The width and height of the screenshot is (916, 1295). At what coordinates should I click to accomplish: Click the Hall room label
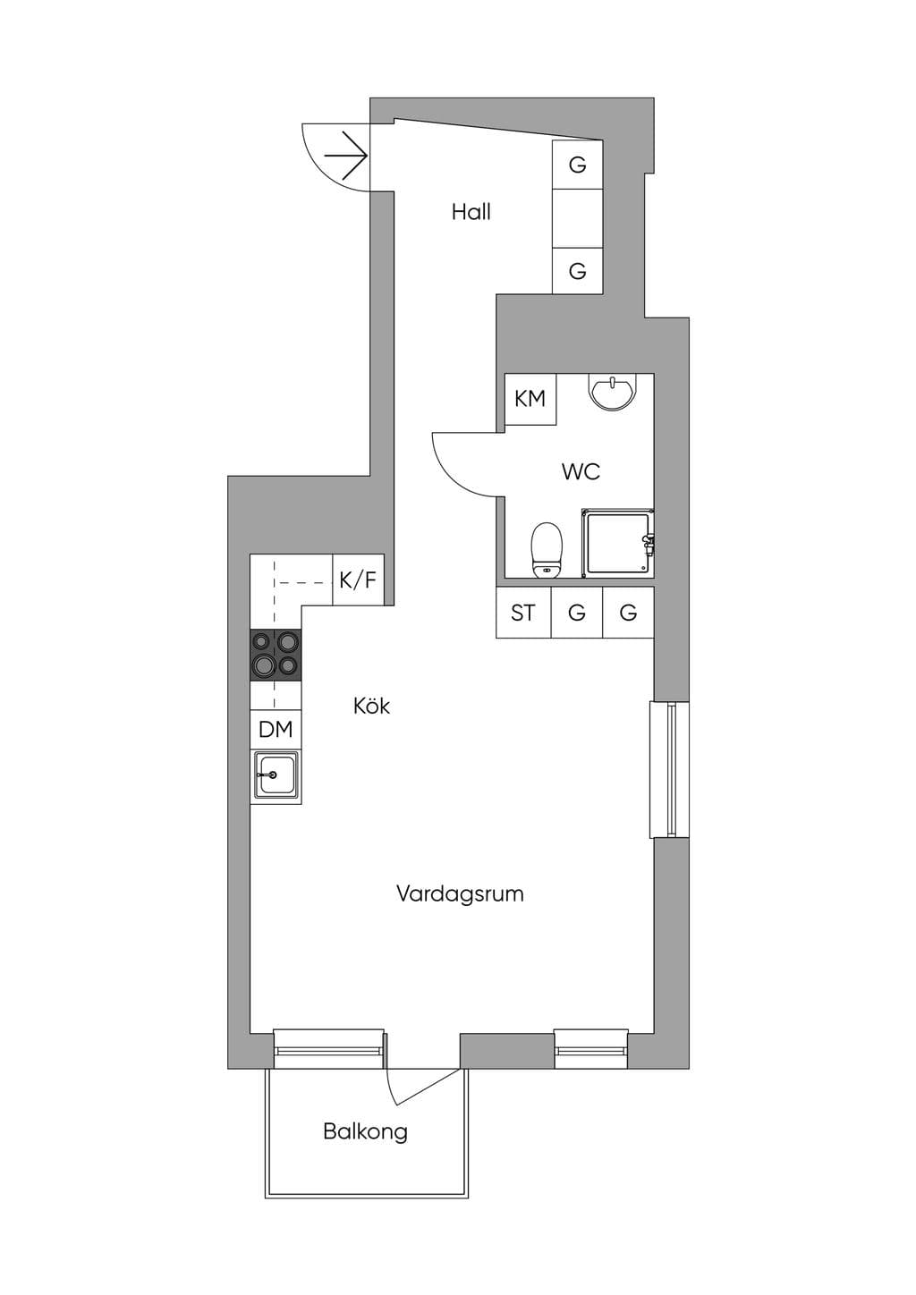click(471, 212)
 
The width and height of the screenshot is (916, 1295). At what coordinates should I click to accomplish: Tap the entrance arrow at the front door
click(346, 156)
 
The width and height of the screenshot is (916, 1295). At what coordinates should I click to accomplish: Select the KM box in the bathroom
click(530, 400)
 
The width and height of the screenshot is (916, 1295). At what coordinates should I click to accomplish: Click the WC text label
click(581, 471)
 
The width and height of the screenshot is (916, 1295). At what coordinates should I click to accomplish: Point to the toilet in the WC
click(547, 550)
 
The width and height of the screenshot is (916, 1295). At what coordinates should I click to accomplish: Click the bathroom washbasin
click(613, 392)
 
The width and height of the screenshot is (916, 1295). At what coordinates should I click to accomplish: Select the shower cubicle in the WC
click(617, 543)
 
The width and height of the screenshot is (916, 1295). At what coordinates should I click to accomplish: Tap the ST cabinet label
click(522, 613)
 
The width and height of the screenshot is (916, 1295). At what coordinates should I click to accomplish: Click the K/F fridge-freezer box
click(359, 580)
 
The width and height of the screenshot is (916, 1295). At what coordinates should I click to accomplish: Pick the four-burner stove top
click(276, 655)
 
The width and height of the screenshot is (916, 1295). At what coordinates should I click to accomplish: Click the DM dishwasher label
click(276, 730)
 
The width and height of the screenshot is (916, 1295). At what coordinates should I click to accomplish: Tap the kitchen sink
click(276, 777)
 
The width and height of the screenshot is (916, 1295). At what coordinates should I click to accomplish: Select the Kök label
click(371, 706)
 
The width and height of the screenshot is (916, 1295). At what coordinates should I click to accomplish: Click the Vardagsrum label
click(460, 893)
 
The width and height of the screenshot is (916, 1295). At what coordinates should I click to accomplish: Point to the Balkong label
click(366, 1130)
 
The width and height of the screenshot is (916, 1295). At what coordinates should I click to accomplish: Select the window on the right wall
click(670, 769)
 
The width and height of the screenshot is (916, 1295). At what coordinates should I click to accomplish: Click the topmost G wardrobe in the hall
click(577, 165)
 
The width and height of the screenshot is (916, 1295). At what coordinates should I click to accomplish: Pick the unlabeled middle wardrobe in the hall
click(577, 218)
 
